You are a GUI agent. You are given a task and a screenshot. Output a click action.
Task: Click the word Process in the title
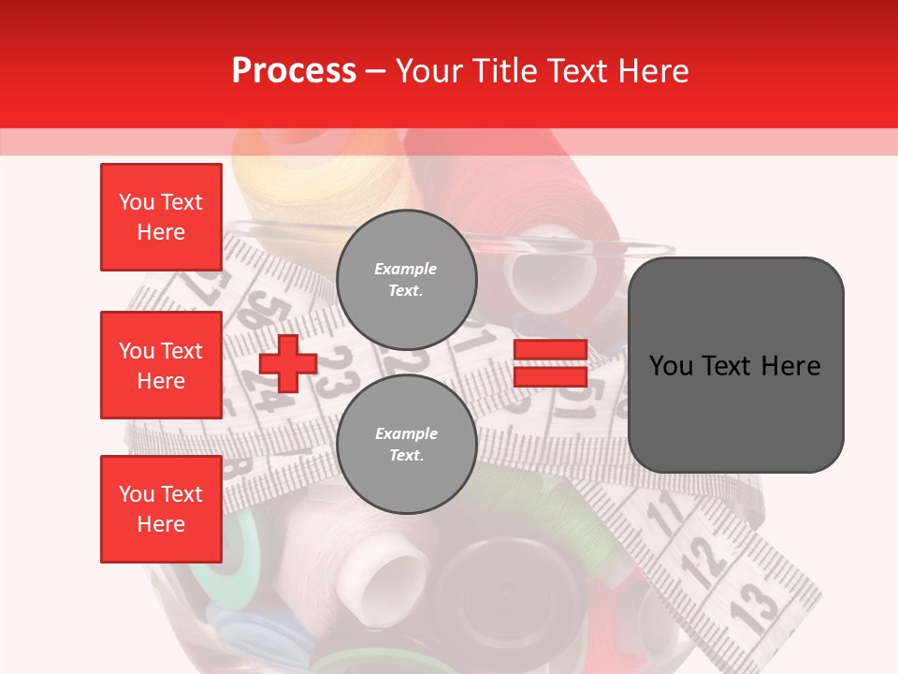[294, 71]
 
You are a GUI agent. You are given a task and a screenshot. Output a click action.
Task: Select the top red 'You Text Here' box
[161, 217]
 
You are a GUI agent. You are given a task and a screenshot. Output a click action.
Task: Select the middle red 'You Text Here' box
[161, 365]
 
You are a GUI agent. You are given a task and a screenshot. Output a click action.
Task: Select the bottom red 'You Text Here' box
[161, 508]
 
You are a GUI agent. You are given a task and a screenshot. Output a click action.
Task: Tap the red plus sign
[288, 363]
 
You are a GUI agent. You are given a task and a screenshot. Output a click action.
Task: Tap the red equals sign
[550, 363]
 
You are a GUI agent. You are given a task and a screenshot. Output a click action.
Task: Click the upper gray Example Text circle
[406, 279]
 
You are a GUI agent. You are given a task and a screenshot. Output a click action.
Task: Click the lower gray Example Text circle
[406, 444]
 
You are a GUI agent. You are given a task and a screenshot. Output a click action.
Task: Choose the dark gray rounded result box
[735, 364]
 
